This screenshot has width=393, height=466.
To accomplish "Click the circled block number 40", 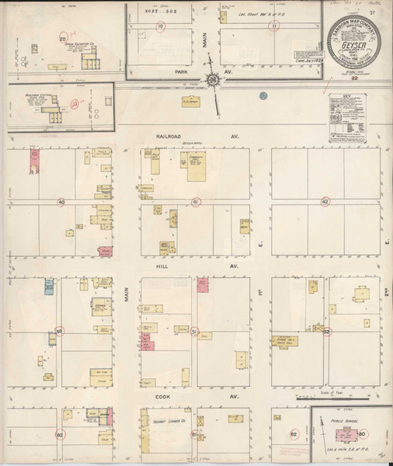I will coord(60,202).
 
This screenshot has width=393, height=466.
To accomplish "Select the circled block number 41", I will coord(196,202).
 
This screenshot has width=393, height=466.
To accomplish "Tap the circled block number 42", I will coord(325,202).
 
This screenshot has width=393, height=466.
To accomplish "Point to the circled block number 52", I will coord(327,331).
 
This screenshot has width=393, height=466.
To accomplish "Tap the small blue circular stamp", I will coord(263,96).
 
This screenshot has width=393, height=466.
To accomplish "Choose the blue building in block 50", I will coord(48,285).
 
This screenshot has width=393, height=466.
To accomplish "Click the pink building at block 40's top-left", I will coord(34,159).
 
